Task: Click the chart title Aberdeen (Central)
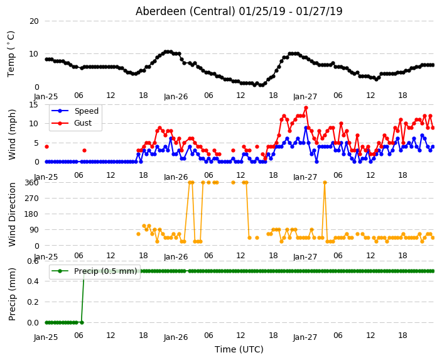pos(185,11)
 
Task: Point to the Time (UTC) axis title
pos(239,349)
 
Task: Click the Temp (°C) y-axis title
pos(11,54)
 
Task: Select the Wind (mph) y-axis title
pos(11,134)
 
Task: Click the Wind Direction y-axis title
pos(11,214)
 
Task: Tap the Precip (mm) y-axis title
pos(11,294)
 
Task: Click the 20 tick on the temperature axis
pos(34,21)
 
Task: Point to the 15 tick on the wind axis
pos(34,105)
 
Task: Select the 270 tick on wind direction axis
pos(31,199)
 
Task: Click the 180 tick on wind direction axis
pos(31,214)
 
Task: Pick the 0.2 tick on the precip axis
pos(33,302)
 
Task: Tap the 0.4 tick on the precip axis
pos(33,281)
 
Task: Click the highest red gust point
pos(306,108)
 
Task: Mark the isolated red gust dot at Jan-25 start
pos(47,147)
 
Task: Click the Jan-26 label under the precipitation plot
pos(176,337)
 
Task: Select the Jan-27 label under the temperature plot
pos(305,97)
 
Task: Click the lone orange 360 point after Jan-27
pos(325,183)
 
